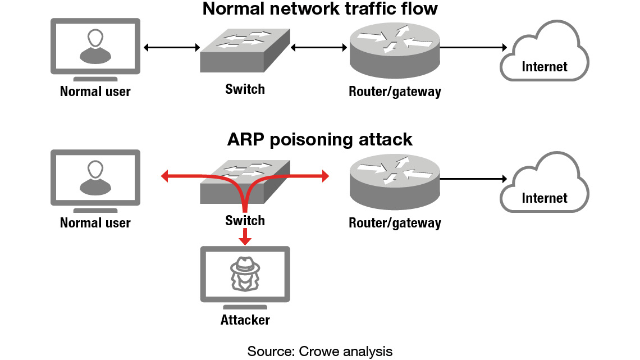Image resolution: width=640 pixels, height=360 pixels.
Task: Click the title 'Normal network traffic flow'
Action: point(319,9)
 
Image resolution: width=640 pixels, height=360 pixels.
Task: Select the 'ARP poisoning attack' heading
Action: point(319,139)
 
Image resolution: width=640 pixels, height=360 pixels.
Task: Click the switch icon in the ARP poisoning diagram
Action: point(245,181)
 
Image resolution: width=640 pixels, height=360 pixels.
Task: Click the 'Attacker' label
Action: point(245,320)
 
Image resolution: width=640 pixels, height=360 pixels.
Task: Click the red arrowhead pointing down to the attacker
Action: point(244,240)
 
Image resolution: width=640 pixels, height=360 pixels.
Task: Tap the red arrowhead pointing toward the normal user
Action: point(165,177)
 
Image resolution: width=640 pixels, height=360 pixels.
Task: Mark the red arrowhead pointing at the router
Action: point(325,177)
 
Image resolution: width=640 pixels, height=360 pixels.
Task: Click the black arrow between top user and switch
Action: point(172,48)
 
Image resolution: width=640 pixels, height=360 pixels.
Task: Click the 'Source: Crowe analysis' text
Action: point(319,352)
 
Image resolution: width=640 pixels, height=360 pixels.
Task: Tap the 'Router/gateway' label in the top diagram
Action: point(395,92)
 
